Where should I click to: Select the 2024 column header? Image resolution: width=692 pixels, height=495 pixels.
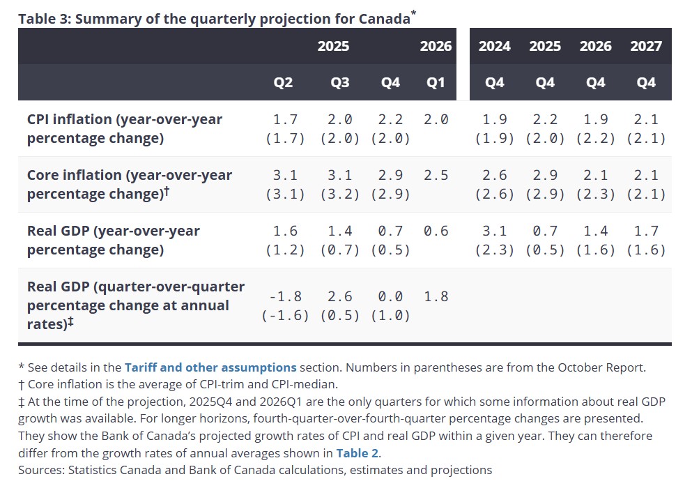tap(494, 46)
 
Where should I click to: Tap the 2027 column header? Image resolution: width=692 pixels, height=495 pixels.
tap(646, 46)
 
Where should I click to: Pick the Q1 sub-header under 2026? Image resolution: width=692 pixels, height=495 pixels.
tap(436, 82)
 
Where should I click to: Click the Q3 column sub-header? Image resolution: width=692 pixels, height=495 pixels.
tap(340, 82)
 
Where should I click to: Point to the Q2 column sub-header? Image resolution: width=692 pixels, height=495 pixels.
tap(283, 82)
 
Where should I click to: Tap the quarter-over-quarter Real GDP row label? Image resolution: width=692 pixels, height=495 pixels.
tap(136, 305)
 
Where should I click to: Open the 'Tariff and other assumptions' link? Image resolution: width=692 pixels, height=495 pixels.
tap(210, 367)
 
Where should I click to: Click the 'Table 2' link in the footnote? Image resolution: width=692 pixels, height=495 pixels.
tap(358, 453)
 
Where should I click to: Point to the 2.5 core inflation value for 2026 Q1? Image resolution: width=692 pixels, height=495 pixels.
tap(436, 175)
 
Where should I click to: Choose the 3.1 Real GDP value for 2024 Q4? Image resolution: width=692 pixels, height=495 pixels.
tap(494, 231)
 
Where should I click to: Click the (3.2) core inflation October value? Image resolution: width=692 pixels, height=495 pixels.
tap(340, 194)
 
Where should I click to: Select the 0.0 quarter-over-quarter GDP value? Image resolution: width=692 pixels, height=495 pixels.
tap(390, 296)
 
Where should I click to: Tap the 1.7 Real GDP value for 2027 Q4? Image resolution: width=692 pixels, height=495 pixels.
tap(646, 231)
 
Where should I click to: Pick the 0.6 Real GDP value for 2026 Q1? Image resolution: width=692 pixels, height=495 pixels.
tap(436, 231)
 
